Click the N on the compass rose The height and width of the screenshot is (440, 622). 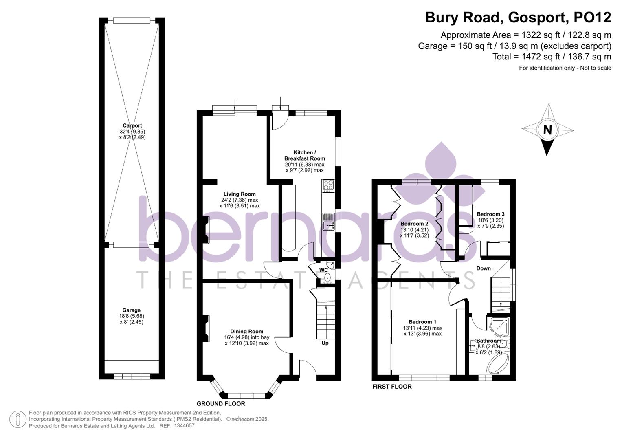547,130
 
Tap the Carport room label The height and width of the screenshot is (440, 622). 132,125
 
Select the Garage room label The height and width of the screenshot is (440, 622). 132,310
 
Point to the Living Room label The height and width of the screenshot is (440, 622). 240,194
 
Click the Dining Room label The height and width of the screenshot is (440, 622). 246,331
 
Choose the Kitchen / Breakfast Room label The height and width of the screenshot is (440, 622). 304,155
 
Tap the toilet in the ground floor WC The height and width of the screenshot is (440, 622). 327,278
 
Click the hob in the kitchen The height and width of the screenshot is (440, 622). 328,186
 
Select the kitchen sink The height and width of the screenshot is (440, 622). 328,222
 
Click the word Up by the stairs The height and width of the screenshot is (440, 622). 325,343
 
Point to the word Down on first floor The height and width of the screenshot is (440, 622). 484,268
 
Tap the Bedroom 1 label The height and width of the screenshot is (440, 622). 422,322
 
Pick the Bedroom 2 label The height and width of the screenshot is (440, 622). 414,224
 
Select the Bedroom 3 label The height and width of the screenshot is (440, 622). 490,214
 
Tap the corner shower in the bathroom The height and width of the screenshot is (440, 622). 499,326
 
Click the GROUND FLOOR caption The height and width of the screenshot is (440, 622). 221,404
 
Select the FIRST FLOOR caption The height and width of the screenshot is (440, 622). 392,387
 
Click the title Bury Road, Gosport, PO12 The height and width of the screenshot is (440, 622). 518,18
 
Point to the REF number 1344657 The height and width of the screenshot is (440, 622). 184,426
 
